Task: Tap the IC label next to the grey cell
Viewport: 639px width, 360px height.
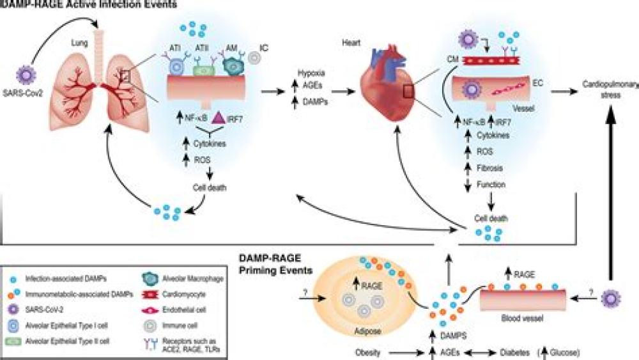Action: click(x=263, y=47)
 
